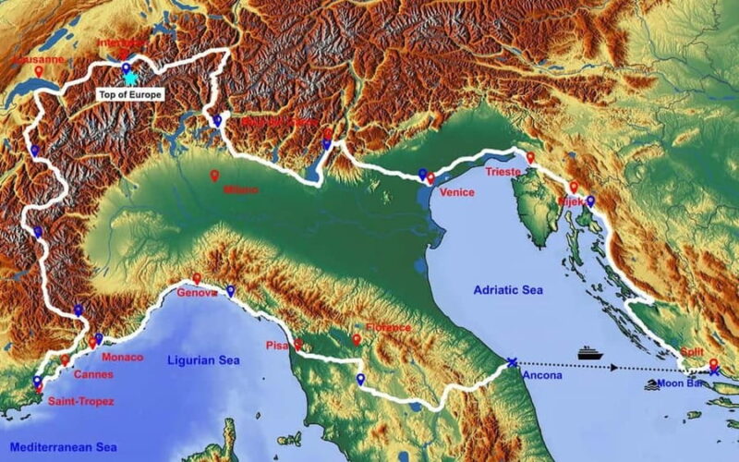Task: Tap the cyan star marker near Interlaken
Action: [x=130, y=79]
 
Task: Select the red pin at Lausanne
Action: [x=39, y=71]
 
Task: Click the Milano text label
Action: [x=240, y=190]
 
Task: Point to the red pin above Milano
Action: [x=215, y=176]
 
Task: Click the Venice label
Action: [x=457, y=192]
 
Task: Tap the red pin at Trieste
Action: [x=530, y=158]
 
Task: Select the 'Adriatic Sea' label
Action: [x=508, y=290]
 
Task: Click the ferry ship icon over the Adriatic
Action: [x=590, y=353]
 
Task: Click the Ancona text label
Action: [x=541, y=376]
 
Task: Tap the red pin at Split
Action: [x=712, y=364]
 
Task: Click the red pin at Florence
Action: [x=357, y=340]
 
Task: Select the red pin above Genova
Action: [x=197, y=278]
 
